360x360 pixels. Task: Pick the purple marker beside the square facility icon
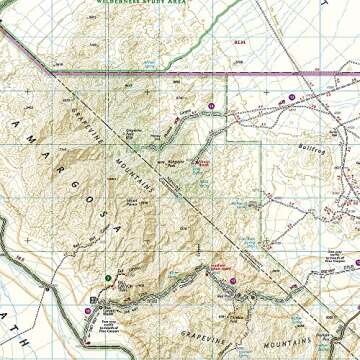[88, 310]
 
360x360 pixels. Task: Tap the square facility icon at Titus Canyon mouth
[96, 300]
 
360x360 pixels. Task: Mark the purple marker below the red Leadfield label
[232, 282]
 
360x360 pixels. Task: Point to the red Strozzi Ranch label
[204, 160]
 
